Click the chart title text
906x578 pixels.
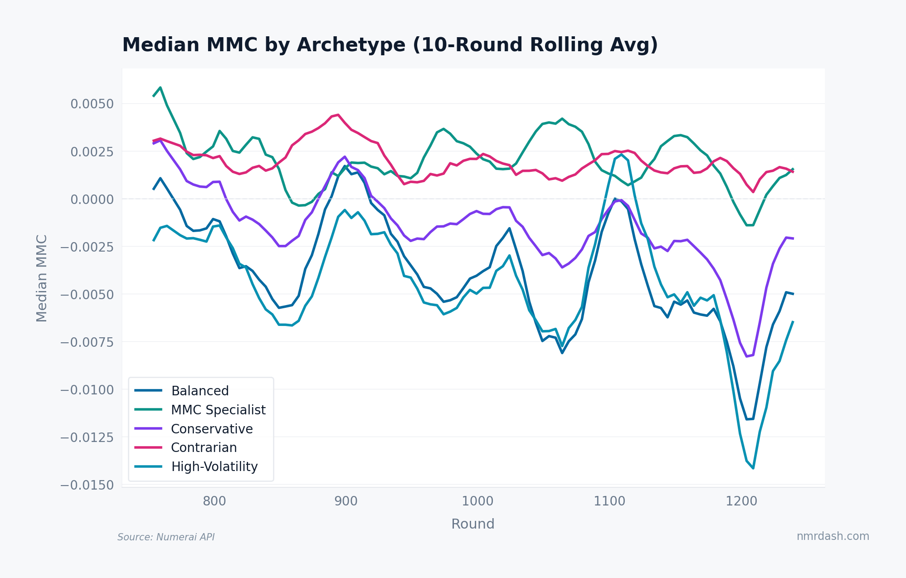pos(390,45)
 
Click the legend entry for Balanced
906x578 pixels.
pos(200,391)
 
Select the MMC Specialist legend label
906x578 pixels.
pos(218,410)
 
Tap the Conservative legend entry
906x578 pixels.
pos(211,429)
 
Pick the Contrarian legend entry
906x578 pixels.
pos(204,448)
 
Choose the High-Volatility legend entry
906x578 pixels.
pos(214,467)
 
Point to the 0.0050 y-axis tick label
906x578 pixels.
pos(92,104)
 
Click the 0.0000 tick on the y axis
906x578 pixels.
pos(92,199)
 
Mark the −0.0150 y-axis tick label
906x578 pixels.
pos(87,486)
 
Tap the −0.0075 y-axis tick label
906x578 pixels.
pos(87,342)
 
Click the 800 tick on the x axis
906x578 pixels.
pos(214,501)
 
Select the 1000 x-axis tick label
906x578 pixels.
pos(477,501)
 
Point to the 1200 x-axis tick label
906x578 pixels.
pos(741,501)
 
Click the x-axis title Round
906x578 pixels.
pos(472,524)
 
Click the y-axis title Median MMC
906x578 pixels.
pos(42,278)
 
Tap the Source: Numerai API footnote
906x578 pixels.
pos(166,537)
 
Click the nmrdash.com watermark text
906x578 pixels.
pos(833,536)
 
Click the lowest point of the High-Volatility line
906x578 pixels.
pos(753,468)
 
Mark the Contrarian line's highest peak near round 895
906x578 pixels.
pos(338,115)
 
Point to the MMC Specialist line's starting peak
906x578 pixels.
pos(160,87)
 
